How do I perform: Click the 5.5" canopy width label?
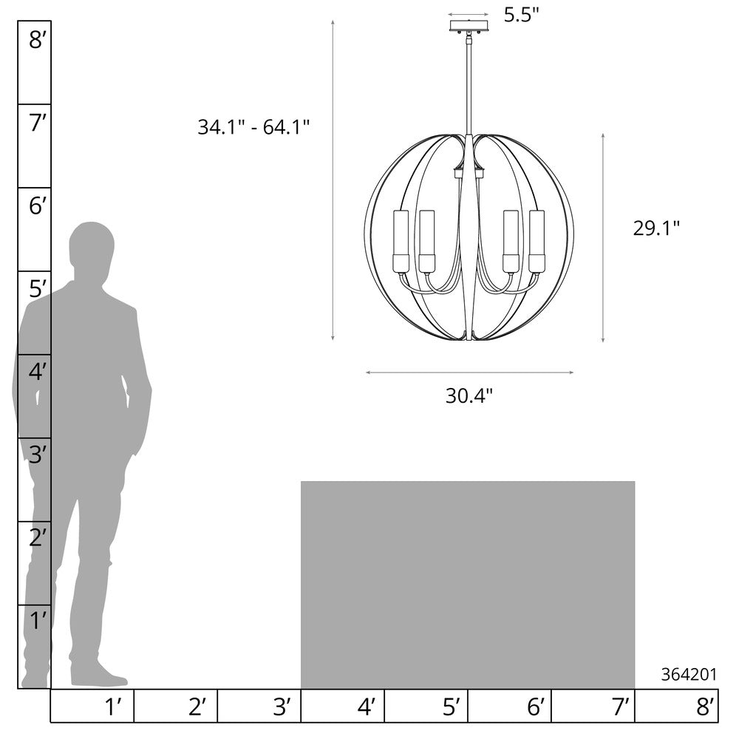pos(521,15)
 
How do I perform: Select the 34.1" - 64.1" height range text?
pos(253,127)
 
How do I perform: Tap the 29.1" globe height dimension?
pos(656,228)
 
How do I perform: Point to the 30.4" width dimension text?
pos(469,396)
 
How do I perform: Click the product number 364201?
pos(689,675)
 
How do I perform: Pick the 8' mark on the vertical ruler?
pos(37,40)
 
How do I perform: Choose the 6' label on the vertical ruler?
pos(37,206)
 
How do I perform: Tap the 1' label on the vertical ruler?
pos(38,621)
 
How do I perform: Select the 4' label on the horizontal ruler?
pos(367,707)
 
